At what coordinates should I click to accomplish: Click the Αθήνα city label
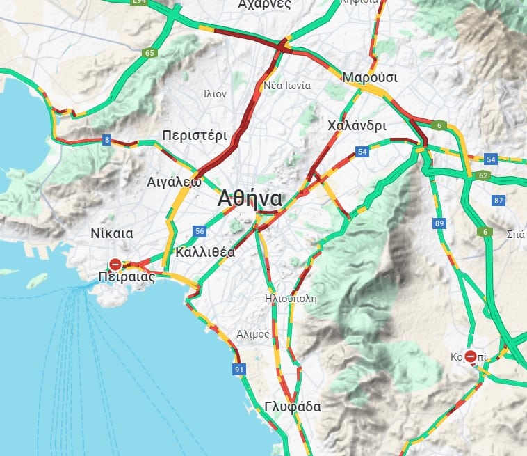pyautogui.click(x=250, y=198)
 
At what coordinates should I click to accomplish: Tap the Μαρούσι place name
pyautogui.click(x=370, y=77)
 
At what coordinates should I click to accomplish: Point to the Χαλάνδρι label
pyautogui.click(x=357, y=126)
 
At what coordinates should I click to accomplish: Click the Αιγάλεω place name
pyautogui.click(x=174, y=182)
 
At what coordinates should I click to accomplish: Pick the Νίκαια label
pyautogui.click(x=112, y=233)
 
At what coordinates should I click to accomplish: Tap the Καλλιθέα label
pyautogui.click(x=205, y=252)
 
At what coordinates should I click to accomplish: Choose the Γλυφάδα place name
pyautogui.click(x=293, y=407)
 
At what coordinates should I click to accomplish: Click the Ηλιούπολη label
pyautogui.click(x=291, y=299)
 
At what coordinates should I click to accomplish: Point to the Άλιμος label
pyautogui.click(x=252, y=334)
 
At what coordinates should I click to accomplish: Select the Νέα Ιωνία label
pyautogui.click(x=287, y=86)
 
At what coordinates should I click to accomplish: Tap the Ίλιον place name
pyautogui.click(x=215, y=93)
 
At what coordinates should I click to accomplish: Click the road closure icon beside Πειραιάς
pyautogui.click(x=115, y=265)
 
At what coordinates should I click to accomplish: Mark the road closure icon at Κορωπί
pyautogui.click(x=471, y=357)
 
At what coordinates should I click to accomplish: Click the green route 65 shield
pyautogui.click(x=149, y=52)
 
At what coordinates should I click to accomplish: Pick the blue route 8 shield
pyautogui.click(x=106, y=140)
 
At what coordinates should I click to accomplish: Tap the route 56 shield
pyautogui.click(x=200, y=231)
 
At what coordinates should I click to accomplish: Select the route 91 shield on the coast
pyautogui.click(x=239, y=369)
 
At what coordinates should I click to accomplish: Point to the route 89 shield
pyautogui.click(x=439, y=223)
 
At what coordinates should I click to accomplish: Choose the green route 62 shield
pyautogui.click(x=484, y=175)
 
